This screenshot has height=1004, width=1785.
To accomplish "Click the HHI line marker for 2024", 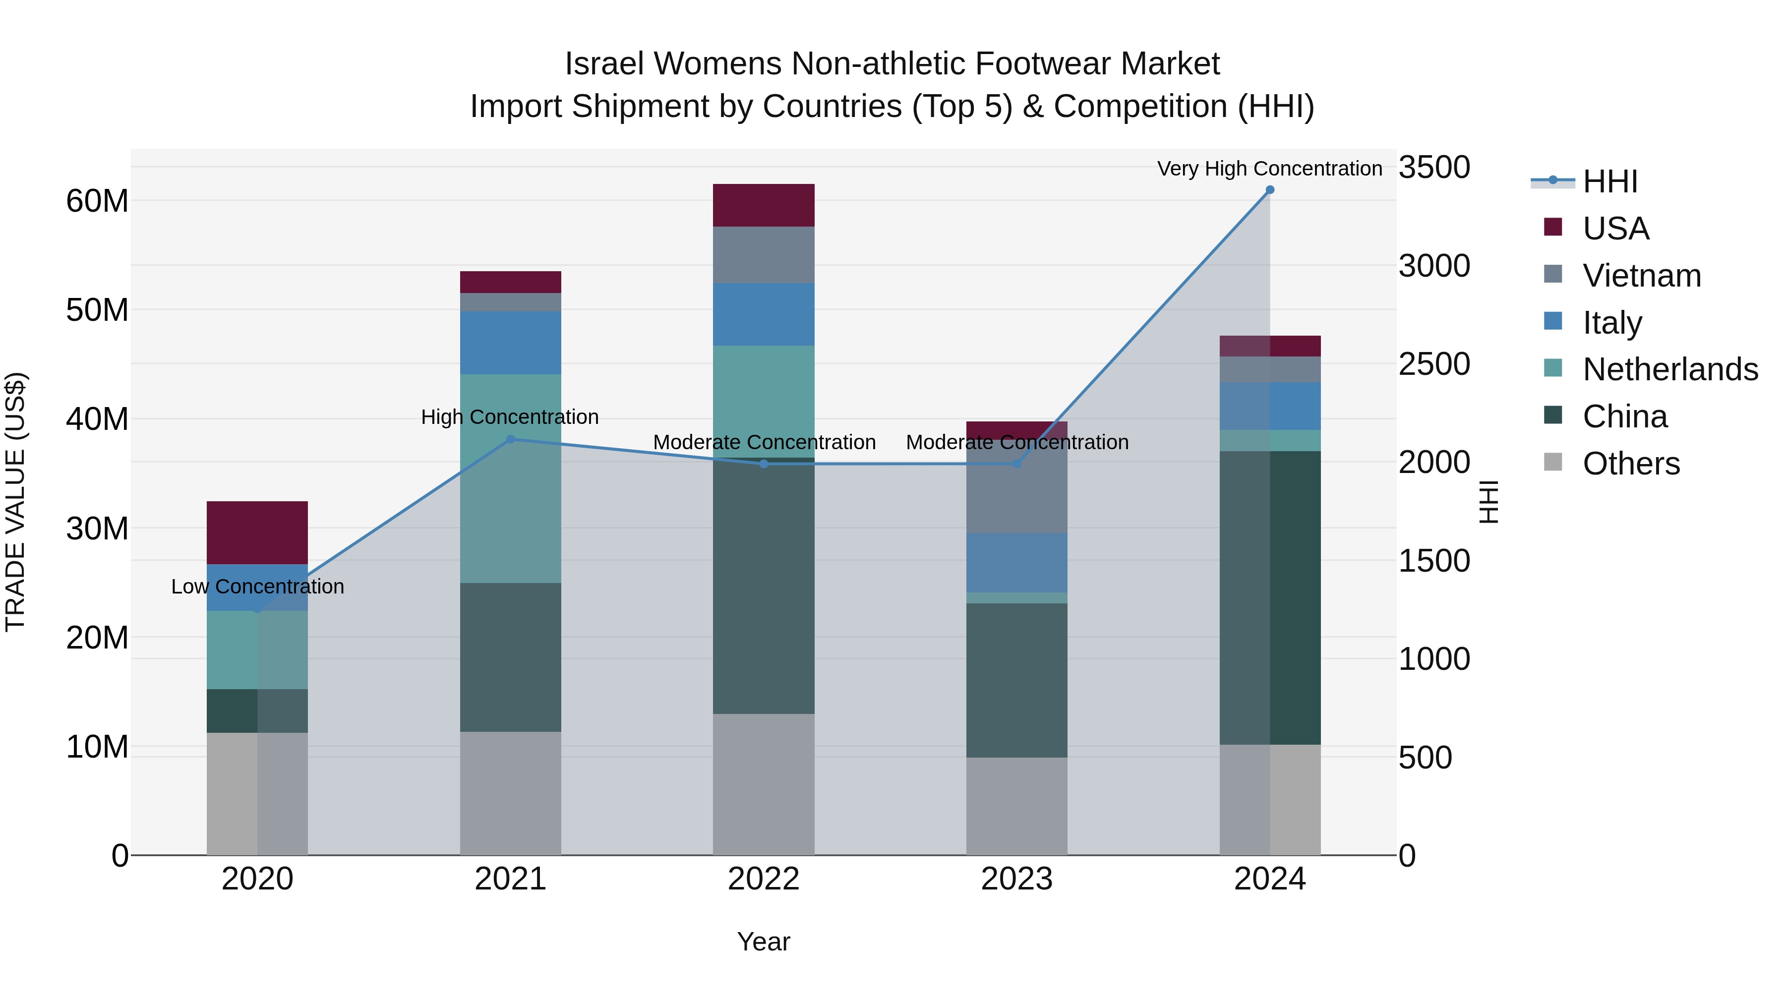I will click(1269, 189).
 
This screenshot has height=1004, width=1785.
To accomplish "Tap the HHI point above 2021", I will click(511, 439).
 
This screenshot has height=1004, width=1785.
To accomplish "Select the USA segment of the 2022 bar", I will click(764, 205).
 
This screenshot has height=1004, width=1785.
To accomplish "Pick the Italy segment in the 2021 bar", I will click(511, 343).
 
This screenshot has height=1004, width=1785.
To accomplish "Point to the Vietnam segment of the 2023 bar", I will click(1016, 492).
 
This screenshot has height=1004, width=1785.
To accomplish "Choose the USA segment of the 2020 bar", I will click(257, 533).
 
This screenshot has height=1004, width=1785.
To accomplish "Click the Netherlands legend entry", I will click(1670, 369).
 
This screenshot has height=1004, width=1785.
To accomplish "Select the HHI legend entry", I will click(1609, 181).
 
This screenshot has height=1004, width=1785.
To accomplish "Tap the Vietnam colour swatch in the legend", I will click(1553, 274).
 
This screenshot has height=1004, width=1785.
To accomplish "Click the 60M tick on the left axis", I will click(97, 201).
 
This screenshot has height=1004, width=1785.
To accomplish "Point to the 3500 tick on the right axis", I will click(1433, 168).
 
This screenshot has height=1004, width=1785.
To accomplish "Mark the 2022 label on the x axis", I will click(764, 879).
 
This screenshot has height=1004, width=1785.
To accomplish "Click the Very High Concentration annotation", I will click(1269, 169).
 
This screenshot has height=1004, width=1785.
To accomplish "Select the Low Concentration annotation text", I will click(257, 587).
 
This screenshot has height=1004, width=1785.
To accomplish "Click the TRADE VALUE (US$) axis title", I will click(15, 502).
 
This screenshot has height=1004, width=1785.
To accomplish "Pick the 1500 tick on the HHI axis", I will click(1433, 561).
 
